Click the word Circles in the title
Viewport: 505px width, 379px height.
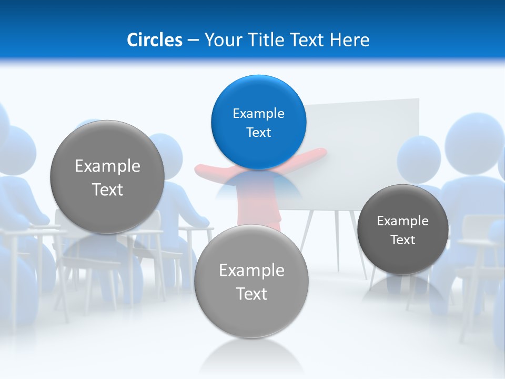point(155,40)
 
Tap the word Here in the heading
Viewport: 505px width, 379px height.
point(350,40)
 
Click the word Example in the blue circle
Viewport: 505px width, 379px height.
point(258,114)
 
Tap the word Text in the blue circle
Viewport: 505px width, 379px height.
point(258,133)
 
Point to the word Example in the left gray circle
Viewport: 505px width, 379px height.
point(107,166)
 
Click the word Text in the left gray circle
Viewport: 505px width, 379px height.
point(107,190)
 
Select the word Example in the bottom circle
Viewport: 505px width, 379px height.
point(251,271)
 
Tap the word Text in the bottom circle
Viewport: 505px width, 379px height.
point(251,294)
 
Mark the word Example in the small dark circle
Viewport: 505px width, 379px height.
point(403,221)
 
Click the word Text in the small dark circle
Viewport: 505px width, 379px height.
point(403,240)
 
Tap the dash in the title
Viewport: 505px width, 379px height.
point(193,40)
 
